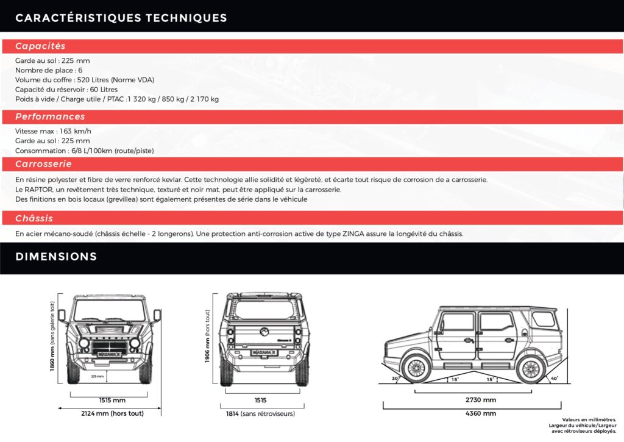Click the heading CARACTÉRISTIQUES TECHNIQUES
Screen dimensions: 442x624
121,18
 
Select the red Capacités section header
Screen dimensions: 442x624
40,46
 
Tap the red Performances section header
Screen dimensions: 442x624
50,116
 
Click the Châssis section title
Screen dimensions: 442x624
34,218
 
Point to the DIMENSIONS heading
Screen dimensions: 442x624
56,257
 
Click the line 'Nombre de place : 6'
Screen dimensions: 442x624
49,71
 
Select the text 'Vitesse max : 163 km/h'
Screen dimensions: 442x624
53,131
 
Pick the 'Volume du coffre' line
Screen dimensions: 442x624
85,80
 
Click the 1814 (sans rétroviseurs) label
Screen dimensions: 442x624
260,413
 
